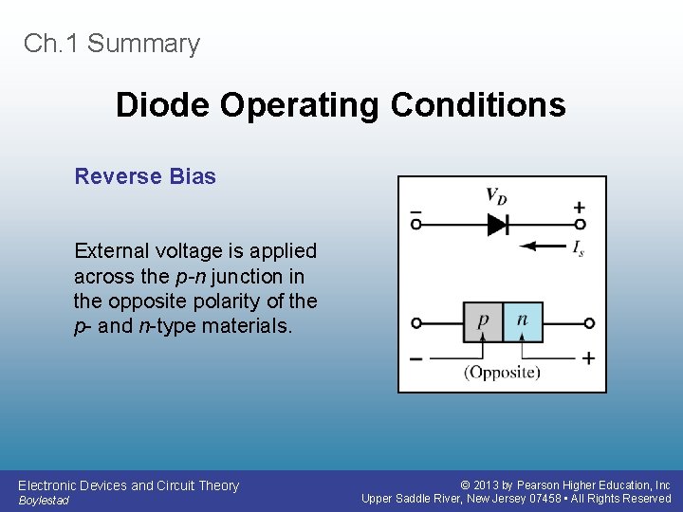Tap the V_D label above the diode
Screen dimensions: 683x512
click(496, 195)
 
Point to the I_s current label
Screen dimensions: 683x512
click(578, 248)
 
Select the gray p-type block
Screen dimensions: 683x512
click(483, 322)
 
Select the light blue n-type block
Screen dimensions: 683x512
click(522, 322)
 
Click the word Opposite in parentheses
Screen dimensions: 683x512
click(502, 372)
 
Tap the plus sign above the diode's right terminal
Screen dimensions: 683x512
click(579, 207)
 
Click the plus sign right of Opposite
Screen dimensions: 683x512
click(588, 358)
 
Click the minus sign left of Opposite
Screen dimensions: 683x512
click(416, 358)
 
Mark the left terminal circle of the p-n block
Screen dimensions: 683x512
click(415, 323)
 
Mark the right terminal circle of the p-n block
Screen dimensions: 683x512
click(589, 323)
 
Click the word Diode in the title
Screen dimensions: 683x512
click(164, 104)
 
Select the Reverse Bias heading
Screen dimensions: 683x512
click(145, 176)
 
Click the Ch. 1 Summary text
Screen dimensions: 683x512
click(112, 44)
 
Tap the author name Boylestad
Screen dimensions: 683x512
click(44, 500)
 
